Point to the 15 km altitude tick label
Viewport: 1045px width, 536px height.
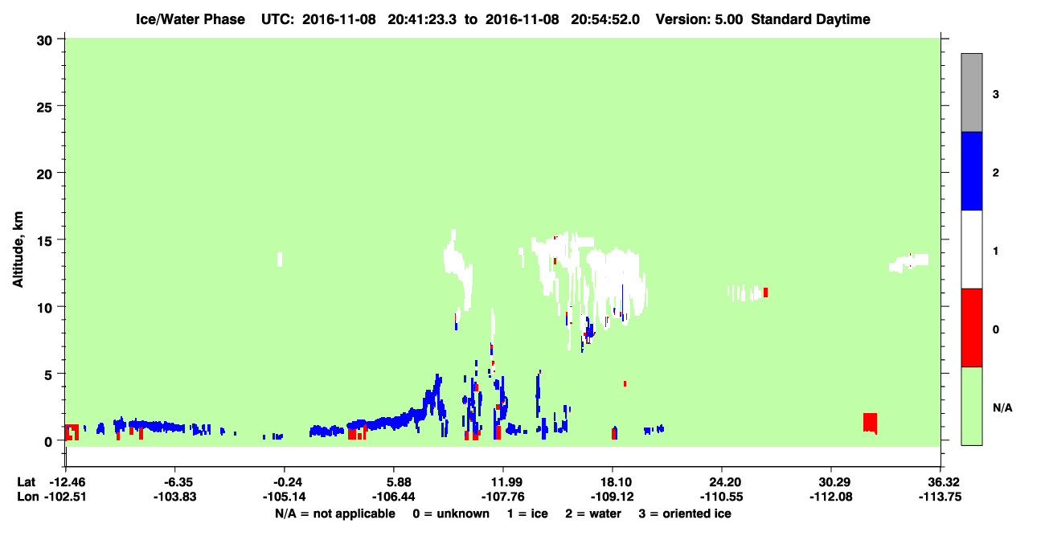click(45, 241)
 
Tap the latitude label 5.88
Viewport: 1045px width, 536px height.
click(393, 482)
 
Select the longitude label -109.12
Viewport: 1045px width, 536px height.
click(612, 497)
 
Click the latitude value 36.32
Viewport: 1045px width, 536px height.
click(940, 482)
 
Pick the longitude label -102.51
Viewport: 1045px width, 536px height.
click(65, 497)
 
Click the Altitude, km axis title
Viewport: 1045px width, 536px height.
click(18, 249)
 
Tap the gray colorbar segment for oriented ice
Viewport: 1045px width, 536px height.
click(971, 92)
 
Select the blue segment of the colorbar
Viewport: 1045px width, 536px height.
click(971, 170)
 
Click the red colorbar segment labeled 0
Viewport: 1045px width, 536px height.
click(971, 328)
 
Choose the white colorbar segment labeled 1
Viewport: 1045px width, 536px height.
click(971, 249)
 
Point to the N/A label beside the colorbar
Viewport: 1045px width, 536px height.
click(1002, 408)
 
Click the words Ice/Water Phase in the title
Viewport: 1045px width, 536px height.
click(191, 19)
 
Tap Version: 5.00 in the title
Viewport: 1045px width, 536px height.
click(699, 19)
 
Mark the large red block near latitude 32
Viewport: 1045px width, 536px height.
click(870, 423)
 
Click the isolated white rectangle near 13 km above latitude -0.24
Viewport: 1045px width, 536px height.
click(280, 260)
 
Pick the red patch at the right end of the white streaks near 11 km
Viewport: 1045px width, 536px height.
click(765, 293)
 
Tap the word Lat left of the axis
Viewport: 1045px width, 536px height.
click(26, 482)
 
